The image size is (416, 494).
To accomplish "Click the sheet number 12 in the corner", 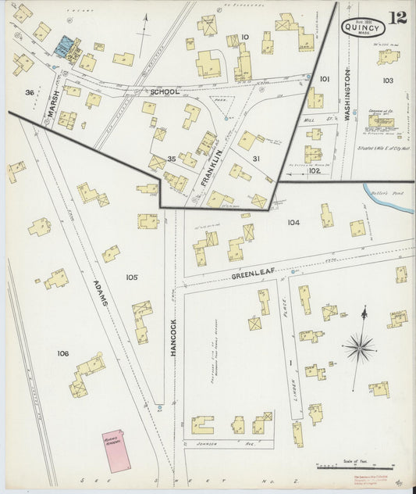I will click(x=397, y=18).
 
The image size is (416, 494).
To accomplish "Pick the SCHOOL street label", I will click(x=165, y=91).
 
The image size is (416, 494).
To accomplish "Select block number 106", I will click(x=62, y=353).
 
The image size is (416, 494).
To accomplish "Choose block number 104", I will click(x=293, y=223).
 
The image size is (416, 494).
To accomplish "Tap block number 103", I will click(x=388, y=81).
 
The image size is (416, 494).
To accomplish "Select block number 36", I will click(x=29, y=93).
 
